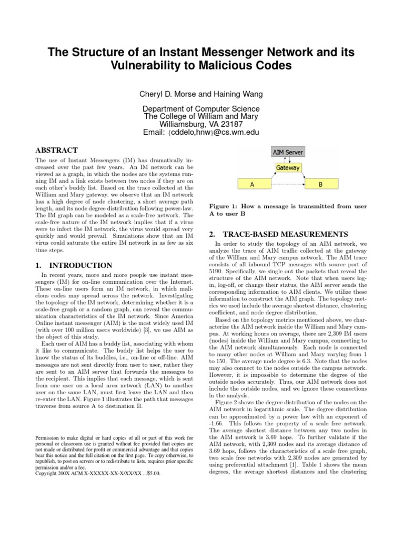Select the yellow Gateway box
287,168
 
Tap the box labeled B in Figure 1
321,185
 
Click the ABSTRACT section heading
56,150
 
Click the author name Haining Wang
238,94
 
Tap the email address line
201,133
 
